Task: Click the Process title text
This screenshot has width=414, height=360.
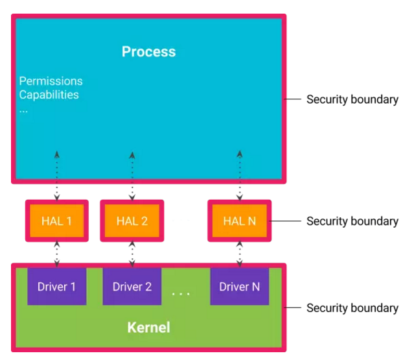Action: click(x=148, y=52)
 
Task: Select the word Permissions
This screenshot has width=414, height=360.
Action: click(x=51, y=81)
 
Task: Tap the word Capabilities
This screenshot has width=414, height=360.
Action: click(x=49, y=95)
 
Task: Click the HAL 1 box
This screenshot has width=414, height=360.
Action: click(x=56, y=221)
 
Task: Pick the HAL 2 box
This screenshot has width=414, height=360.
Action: click(x=132, y=221)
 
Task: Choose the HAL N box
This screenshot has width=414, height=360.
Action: click(x=239, y=221)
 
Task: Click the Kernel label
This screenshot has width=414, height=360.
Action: click(x=148, y=327)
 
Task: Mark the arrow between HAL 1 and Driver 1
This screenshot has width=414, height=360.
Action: click(x=56, y=254)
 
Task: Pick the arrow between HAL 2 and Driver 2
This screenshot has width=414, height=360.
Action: click(x=132, y=254)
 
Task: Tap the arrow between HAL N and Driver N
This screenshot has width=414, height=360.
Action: click(x=240, y=254)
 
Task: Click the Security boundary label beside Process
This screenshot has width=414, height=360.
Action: click(x=352, y=100)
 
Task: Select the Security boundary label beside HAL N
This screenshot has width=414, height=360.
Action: click(x=352, y=221)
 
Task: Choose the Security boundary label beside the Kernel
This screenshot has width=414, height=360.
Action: click(x=352, y=308)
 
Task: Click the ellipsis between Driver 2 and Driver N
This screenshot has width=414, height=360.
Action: click(x=181, y=294)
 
